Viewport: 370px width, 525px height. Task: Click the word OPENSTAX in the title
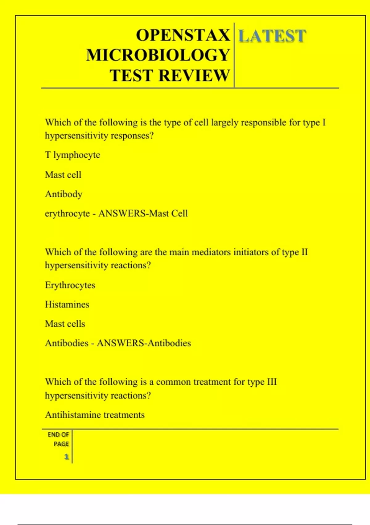[183, 35]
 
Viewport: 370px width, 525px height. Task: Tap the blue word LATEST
[272, 36]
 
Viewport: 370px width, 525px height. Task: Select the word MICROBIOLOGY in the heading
[158, 55]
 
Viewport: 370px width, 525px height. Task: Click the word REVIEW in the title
[194, 75]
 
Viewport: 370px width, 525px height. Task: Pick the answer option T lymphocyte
[72, 155]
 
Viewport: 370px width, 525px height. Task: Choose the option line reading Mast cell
[63, 175]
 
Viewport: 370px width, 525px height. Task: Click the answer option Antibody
[64, 194]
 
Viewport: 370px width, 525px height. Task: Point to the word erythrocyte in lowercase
[67, 214]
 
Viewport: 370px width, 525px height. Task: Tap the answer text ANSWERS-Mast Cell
[143, 213]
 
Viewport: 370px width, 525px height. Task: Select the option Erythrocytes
[70, 285]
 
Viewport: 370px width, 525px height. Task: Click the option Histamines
[67, 304]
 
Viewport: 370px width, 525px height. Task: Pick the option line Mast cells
[65, 324]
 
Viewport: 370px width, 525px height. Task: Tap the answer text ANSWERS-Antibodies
[144, 343]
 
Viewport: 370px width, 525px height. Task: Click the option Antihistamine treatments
[95, 415]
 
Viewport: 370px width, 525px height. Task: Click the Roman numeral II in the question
[304, 252]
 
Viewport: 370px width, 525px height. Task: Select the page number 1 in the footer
[66, 457]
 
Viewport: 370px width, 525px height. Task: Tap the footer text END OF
[58, 435]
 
